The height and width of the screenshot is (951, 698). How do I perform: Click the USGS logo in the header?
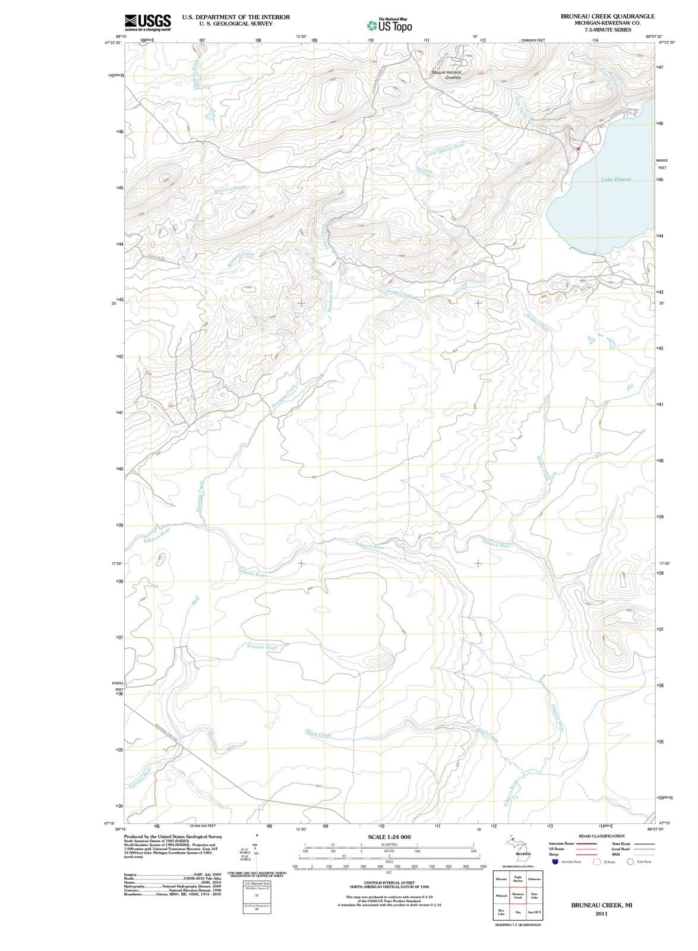(x=148, y=23)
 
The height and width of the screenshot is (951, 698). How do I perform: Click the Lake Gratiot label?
(x=615, y=179)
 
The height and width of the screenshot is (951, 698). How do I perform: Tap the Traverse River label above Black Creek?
(x=262, y=646)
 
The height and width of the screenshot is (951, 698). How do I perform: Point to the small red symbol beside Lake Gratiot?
(x=577, y=148)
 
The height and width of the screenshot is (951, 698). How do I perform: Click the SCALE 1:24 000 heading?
(x=389, y=837)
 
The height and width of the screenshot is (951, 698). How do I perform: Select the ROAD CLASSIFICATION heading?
(x=601, y=836)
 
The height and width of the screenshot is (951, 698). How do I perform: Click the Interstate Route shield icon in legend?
(x=555, y=861)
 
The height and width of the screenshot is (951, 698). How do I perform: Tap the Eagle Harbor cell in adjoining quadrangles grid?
(x=517, y=878)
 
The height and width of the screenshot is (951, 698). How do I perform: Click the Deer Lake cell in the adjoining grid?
(x=533, y=896)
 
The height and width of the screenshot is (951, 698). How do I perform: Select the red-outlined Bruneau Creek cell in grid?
(x=517, y=896)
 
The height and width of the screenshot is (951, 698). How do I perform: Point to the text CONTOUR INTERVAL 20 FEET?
(x=389, y=883)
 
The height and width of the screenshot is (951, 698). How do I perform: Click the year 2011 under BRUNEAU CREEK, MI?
(x=600, y=914)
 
